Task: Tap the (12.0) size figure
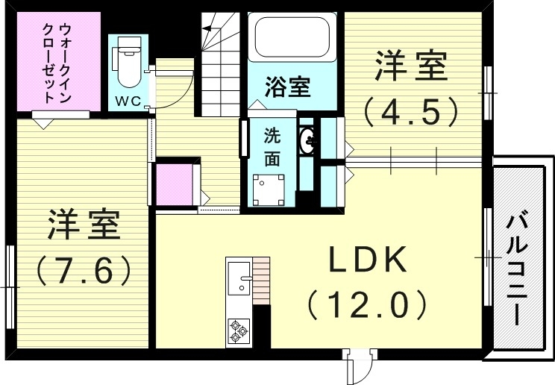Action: pos(367,304)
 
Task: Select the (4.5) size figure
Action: pos(410,112)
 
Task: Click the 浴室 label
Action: pos(287,87)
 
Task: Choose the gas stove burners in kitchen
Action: pos(239,330)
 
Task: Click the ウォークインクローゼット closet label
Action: pos(56,63)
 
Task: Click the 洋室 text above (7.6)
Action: pos(84,225)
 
